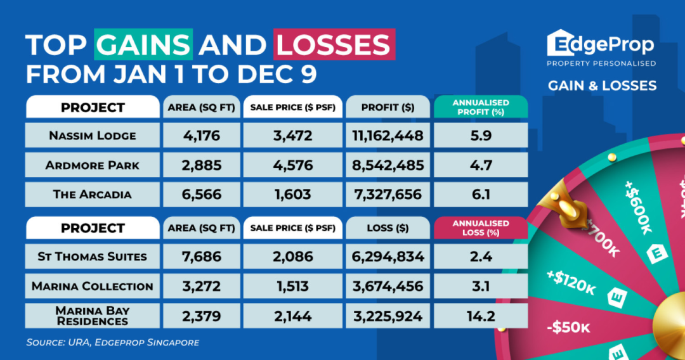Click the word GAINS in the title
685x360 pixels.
(143, 46)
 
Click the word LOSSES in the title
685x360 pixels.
(334, 46)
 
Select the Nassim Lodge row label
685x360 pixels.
(93, 135)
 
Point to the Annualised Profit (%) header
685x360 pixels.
(480, 107)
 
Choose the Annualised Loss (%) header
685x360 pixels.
(480, 228)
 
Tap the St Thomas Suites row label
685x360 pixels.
(93, 257)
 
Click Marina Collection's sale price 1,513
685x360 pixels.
(292, 286)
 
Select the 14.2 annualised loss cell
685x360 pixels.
(480, 315)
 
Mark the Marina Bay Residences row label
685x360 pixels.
(93, 315)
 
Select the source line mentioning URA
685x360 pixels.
(113, 342)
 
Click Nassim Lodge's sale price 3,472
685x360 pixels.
(292, 135)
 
